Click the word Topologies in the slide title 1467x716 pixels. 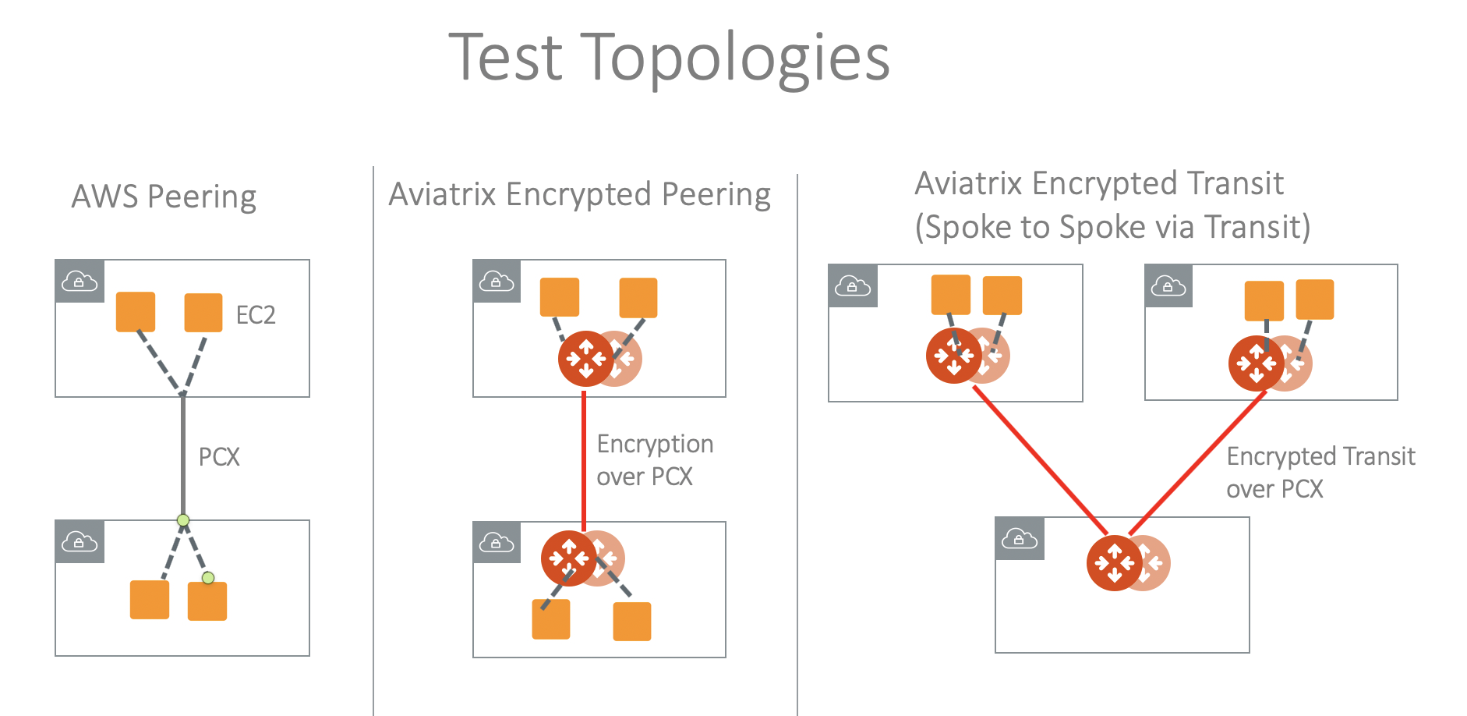735,58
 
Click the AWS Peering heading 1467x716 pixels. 164,197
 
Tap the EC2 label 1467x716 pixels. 256,315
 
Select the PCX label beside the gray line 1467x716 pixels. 219,457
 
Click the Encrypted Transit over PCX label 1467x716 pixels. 1320,472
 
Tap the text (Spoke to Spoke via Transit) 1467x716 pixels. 1112,227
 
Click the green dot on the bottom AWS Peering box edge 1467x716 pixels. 183,520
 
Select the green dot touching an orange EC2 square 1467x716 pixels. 208,578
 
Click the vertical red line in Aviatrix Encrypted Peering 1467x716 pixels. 584,460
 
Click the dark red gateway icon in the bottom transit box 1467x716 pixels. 1114,562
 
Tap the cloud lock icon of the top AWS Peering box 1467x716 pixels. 80,281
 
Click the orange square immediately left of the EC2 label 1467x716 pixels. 203,313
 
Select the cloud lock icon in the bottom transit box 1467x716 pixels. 1020,538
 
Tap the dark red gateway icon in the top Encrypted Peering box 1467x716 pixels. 585,359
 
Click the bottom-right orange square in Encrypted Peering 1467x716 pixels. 632,621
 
